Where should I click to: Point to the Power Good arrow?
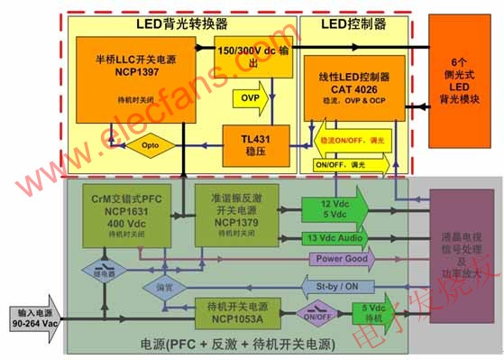(x=341, y=260)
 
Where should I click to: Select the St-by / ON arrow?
(x=343, y=287)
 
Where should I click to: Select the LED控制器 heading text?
(x=346, y=24)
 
